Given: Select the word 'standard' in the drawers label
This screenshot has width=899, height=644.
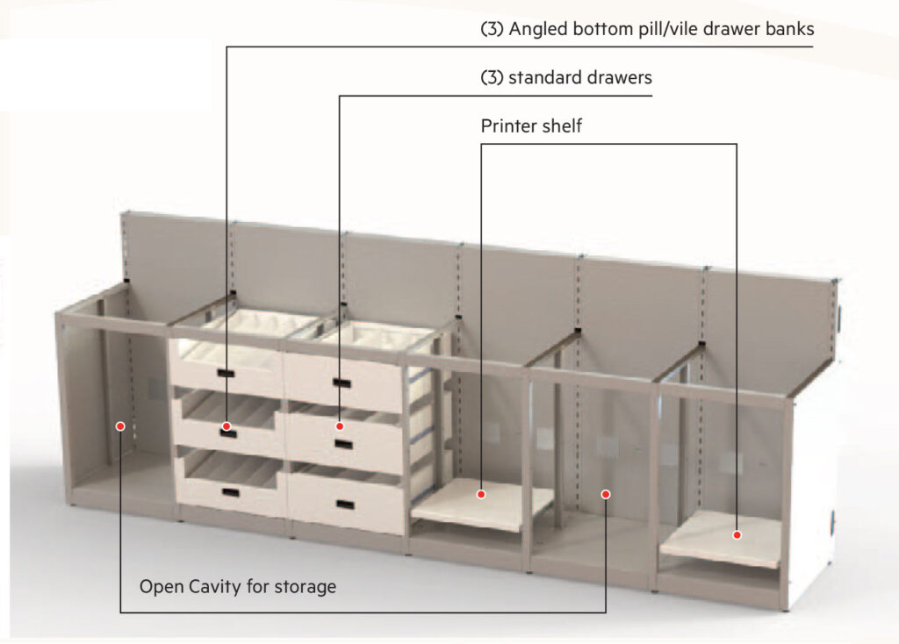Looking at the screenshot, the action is [544, 77].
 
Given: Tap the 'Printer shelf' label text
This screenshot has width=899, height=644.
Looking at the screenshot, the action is [531, 125].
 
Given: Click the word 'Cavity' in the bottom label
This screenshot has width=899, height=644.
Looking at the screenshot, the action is [214, 587].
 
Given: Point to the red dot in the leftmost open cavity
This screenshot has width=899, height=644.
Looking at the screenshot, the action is [120, 426].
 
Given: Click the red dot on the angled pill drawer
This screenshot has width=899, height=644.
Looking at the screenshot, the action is [227, 426].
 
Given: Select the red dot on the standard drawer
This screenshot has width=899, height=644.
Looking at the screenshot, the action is [340, 426].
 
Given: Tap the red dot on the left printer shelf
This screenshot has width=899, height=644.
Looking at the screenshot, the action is [481, 494].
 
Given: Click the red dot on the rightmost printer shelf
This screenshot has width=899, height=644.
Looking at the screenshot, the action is [737, 534].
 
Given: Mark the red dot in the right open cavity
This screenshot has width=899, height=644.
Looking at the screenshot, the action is [606, 494].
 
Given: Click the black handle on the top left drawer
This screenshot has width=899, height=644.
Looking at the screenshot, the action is [226, 374].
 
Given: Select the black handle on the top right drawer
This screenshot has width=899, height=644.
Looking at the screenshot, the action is [342, 383].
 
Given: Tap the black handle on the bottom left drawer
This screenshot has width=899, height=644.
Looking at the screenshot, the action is [231, 492].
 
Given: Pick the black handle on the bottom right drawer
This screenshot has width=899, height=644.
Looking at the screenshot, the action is [346, 504].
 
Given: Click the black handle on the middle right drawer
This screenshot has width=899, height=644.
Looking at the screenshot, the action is [344, 444].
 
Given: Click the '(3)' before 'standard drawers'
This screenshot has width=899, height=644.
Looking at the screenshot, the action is [492, 77].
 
